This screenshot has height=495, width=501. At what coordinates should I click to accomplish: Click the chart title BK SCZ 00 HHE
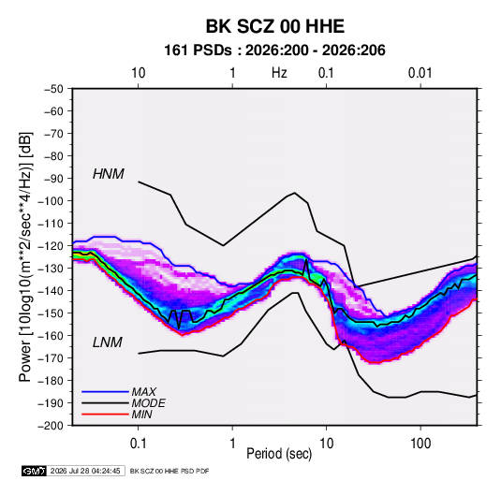(274, 26)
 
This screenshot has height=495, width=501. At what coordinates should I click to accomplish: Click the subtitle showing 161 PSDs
(274, 51)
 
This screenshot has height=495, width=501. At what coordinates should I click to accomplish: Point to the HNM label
(109, 174)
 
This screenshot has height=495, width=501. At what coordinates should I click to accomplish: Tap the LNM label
(108, 342)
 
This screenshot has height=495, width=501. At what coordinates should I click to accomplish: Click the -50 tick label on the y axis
(53, 89)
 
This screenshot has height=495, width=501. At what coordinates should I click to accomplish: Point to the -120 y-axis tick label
(51, 246)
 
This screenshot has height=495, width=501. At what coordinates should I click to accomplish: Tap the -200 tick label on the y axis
(51, 426)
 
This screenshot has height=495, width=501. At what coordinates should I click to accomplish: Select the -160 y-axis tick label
(51, 336)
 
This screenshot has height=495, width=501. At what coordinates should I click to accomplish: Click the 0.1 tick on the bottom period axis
(138, 444)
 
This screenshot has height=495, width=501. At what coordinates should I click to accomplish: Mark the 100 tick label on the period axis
(420, 444)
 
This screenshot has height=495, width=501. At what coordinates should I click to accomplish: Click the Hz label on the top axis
(279, 73)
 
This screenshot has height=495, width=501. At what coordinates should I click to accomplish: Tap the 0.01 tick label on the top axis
(420, 73)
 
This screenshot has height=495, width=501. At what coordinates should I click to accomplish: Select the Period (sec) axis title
(279, 454)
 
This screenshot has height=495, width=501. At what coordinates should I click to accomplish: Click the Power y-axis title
(25, 256)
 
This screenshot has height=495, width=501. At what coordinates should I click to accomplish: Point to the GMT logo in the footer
(34, 471)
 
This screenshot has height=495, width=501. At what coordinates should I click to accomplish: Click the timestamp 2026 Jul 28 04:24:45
(85, 471)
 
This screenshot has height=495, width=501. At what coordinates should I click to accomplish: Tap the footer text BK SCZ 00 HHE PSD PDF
(169, 471)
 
